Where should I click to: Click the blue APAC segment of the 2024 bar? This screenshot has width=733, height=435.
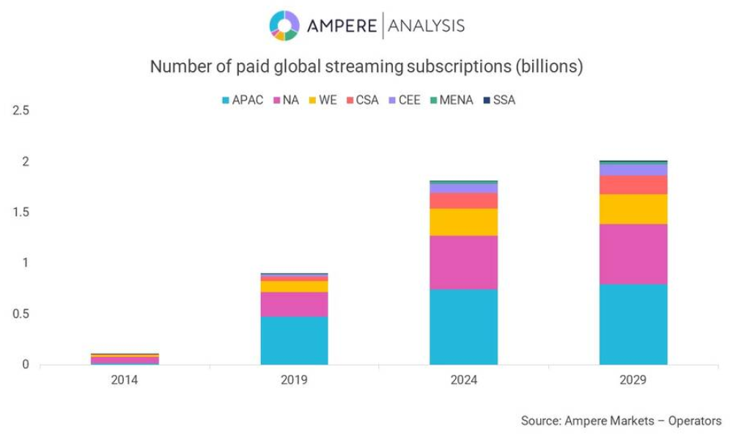tap(463, 326)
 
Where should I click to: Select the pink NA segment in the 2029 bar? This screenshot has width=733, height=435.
tap(633, 254)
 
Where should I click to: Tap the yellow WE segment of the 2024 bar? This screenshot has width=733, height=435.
tap(463, 222)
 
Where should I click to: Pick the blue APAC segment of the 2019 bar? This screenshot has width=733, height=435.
tap(294, 340)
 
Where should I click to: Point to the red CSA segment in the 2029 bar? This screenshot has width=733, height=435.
tap(633, 184)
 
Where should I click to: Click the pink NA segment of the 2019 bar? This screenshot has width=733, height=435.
tap(294, 304)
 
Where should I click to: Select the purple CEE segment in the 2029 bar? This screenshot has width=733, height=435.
tap(633, 169)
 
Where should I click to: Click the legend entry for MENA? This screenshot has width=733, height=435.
tap(455, 100)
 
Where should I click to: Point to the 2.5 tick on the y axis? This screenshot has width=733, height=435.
tap(20, 111)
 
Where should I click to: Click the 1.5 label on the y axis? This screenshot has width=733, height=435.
tap(20, 212)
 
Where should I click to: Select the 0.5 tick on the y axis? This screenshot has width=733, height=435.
tap(20, 313)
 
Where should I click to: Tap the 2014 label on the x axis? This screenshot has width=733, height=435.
tap(125, 380)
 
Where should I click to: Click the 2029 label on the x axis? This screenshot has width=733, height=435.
tap(633, 380)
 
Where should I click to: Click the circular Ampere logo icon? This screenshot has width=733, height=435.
tap(284, 26)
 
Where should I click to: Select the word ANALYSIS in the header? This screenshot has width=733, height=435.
tap(426, 26)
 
